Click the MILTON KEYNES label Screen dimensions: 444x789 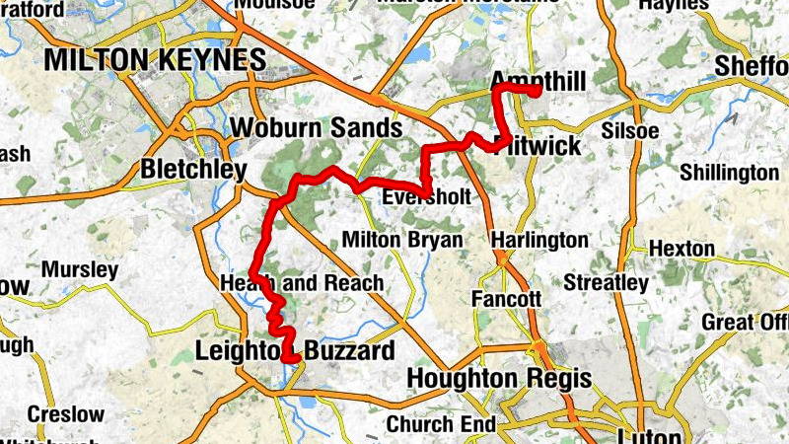(x=155, y=61)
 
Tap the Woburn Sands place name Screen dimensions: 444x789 (x=316, y=128)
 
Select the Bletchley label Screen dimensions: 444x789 (x=193, y=170)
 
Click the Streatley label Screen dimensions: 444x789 (x=606, y=283)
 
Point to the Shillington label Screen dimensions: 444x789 (x=730, y=173)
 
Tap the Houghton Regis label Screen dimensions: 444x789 (x=499, y=378)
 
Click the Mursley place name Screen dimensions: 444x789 (x=80, y=269)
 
